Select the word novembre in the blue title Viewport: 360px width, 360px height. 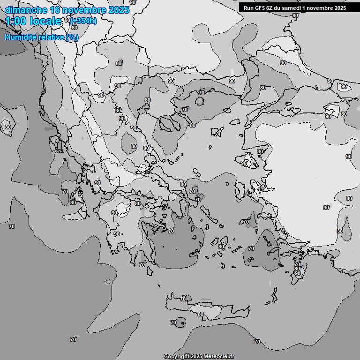pos(84,10)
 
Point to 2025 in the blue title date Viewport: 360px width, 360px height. pos(118,10)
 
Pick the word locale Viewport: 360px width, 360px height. pos(45,21)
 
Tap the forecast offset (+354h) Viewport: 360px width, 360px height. pos(84,21)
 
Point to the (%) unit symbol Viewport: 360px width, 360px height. pos(72,37)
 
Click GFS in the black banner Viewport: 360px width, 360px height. pos(261,8)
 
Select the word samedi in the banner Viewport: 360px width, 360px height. pos(298,8)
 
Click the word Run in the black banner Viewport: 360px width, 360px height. pos(249,8)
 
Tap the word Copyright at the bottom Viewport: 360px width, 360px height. pos(177,356)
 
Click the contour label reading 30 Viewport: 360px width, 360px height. pos(340,231)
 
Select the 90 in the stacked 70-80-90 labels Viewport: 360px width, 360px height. pos(297,273)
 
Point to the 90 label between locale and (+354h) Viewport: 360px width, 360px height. pos(67,20)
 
